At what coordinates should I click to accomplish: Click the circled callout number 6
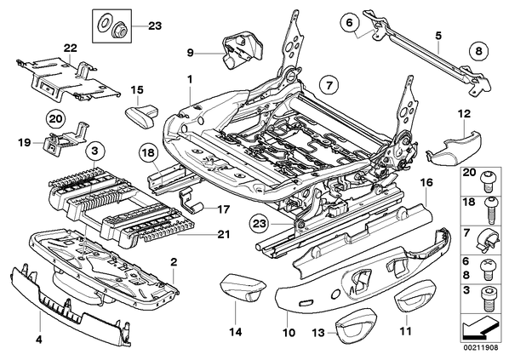349,22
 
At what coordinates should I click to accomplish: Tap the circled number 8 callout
479,51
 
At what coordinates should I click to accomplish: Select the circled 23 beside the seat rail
259,223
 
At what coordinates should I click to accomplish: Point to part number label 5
438,36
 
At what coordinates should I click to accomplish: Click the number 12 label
464,114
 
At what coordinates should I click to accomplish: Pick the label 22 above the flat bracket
71,48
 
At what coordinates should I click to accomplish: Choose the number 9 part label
190,52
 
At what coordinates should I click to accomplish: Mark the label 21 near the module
223,234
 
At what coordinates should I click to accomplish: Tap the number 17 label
223,209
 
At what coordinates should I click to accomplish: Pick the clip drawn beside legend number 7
487,240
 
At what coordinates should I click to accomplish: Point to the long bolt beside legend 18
489,211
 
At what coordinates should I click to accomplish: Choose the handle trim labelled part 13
356,326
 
